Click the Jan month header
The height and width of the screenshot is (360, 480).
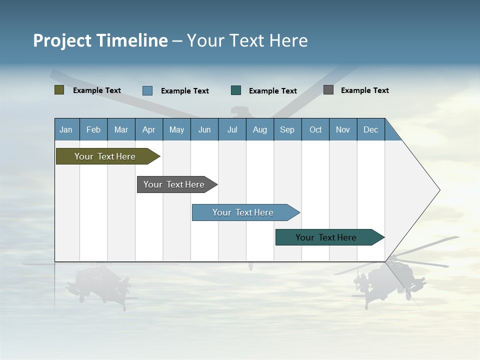pyautogui.click(x=66, y=129)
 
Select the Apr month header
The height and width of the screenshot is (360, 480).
pyautogui.click(x=148, y=129)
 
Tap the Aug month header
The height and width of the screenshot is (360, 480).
pyautogui.click(x=259, y=129)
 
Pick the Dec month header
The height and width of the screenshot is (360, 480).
pyautogui.click(x=370, y=129)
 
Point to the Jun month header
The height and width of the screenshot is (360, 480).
pyautogui.click(x=204, y=129)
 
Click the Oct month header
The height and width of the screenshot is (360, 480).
pyautogui.click(x=315, y=129)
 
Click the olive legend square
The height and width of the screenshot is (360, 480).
pyautogui.click(x=59, y=90)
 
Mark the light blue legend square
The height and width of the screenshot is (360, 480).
pyautogui.click(x=147, y=90)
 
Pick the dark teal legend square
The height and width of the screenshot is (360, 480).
pyautogui.click(x=236, y=90)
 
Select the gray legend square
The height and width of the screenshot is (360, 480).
pyautogui.click(x=328, y=90)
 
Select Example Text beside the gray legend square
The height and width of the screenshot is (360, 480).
pyautogui.click(x=364, y=90)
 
